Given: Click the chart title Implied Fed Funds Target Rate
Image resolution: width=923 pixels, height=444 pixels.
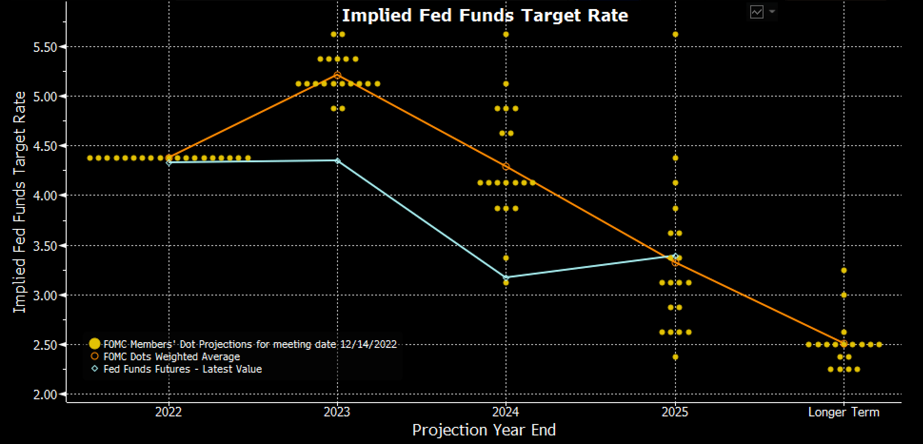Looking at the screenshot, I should (x=485, y=16).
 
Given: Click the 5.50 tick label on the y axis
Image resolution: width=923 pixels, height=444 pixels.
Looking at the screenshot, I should (x=45, y=47).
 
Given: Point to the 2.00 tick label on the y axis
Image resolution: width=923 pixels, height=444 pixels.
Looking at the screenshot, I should (x=45, y=395).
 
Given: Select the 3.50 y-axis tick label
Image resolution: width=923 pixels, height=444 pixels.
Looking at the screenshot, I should (x=45, y=246).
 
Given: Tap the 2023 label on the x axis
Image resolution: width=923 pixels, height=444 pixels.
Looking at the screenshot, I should (x=337, y=412).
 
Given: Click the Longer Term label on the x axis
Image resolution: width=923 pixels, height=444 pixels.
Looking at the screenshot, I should (x=844, y=412).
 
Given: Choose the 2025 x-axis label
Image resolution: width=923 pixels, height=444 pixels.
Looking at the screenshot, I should (x=675, y=412).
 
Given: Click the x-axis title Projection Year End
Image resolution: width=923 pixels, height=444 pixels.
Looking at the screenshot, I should (x=484, y=430).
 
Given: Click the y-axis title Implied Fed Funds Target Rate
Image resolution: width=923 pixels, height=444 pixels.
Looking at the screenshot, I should (x=20, y=202).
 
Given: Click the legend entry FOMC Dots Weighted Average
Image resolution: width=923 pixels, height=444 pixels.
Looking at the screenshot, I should (x=171, y=357).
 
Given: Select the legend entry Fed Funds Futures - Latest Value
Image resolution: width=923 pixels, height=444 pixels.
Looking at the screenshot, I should (x=182, y=369).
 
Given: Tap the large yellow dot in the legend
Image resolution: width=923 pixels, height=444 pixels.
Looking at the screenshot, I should (x=95, y=344).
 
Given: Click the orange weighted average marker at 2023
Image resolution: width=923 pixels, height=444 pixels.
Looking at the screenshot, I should (x=337, y=75).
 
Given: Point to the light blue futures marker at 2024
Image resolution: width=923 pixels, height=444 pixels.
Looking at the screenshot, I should (x=506, y=277).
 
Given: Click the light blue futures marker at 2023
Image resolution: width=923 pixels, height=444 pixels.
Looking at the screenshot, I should (x=337, y=161).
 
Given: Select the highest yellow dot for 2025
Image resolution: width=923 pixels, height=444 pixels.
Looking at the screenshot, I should (x=675, y=34).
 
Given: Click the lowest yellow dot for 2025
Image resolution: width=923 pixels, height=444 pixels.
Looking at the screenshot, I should (x=675, y=357).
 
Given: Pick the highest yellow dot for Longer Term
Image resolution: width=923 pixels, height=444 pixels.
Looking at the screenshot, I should (x=844, y=270).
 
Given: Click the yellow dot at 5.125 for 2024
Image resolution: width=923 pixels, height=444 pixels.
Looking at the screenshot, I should (x=506, y=84).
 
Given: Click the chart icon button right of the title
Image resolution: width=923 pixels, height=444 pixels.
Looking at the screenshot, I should (x=756, y=12).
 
